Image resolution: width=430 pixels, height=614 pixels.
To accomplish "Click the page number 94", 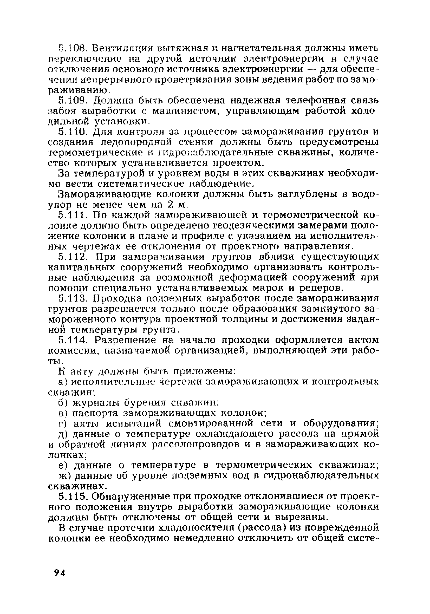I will coord(60,573).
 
